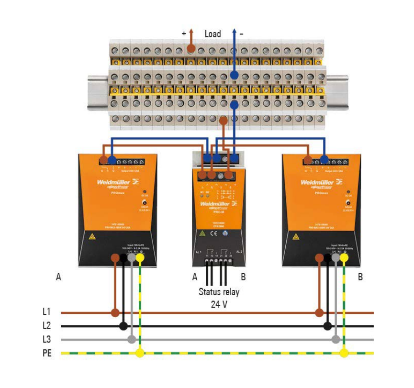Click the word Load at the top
(213, 33)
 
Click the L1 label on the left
(46, 312)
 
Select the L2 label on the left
(46, 326)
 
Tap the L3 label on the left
(46, 340)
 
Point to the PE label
(47, 354)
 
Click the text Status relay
(219, 292)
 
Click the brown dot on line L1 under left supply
(115, 312)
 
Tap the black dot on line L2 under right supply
(327, 326)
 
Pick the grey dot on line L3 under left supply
(131, 340)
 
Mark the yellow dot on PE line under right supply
(344, 354)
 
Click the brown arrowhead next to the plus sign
(191, 31)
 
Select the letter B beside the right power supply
(360, 277)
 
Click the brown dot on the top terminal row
(191, 49)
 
